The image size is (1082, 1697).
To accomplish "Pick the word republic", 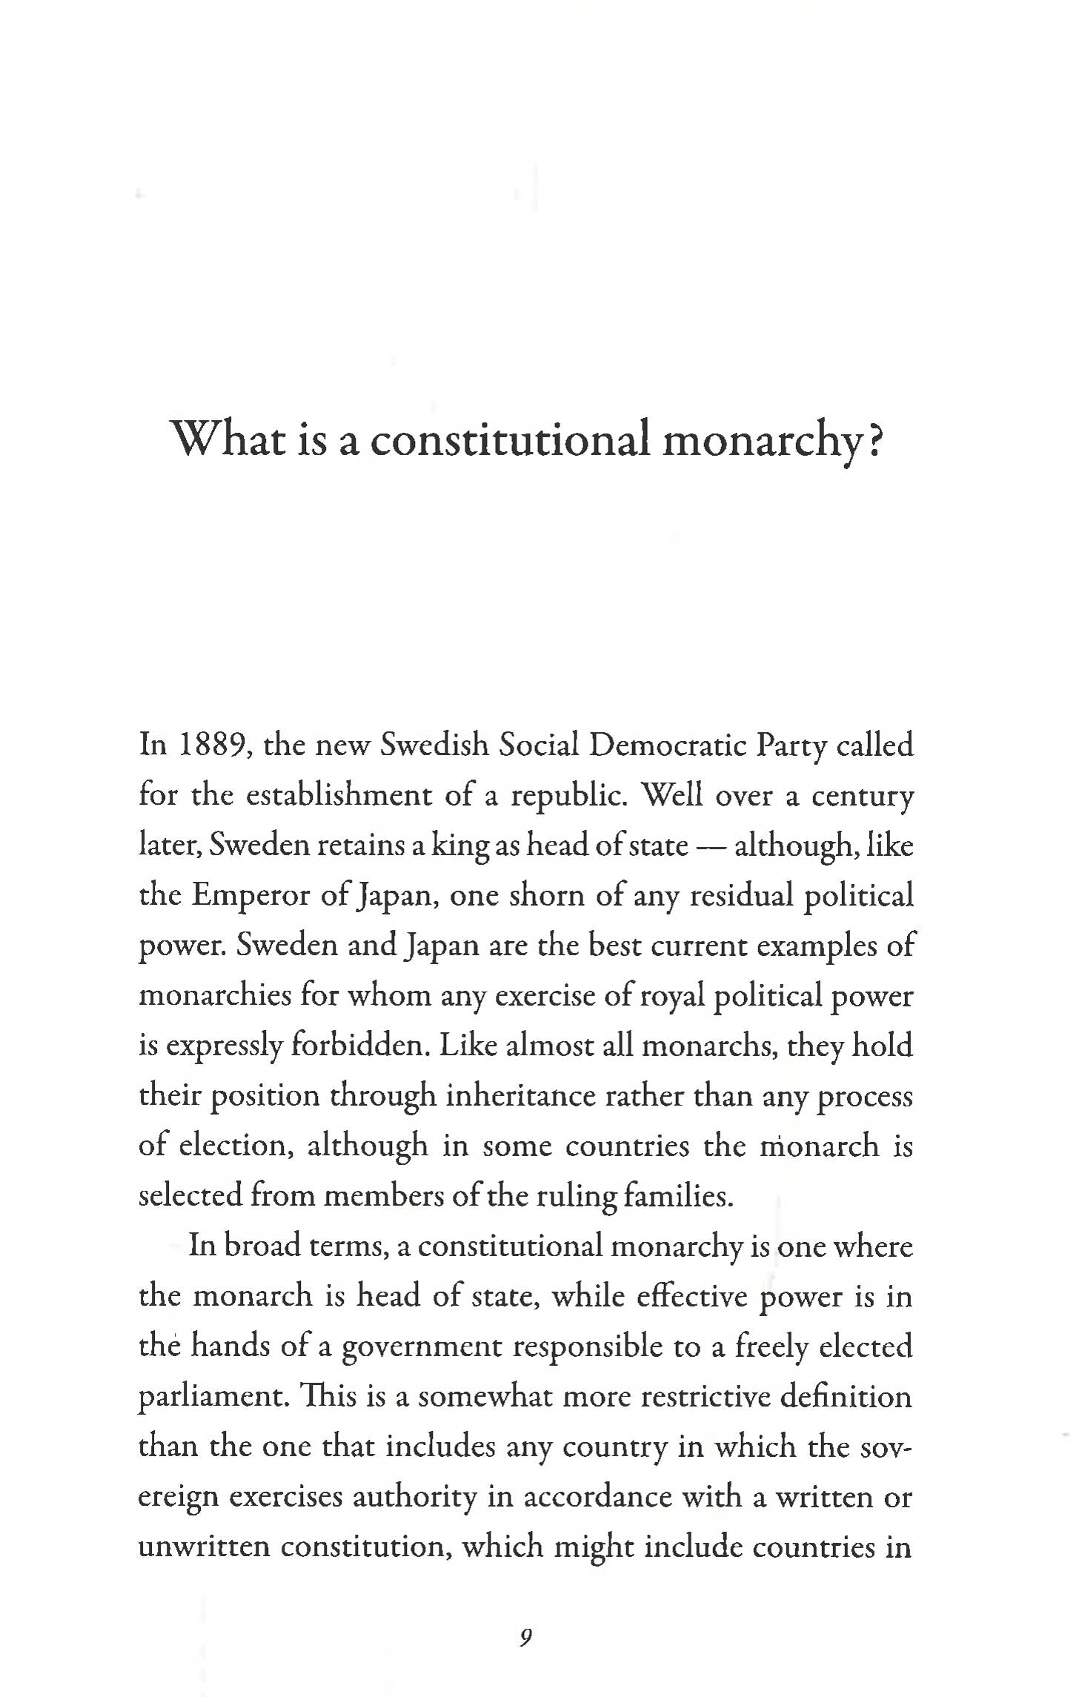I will [570, 795].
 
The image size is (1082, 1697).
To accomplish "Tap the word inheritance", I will [520, 1095].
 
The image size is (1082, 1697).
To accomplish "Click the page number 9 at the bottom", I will [525, 1637].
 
